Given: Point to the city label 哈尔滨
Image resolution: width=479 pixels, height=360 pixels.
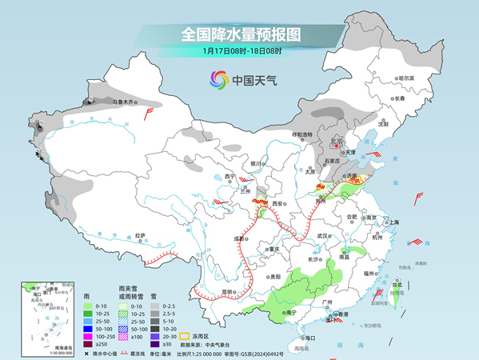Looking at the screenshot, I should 405,78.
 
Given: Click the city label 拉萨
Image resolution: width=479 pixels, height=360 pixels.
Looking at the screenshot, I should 141,235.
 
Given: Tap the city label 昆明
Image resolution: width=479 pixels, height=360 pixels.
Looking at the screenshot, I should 229,292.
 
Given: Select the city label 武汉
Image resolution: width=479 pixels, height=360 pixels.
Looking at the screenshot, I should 323,236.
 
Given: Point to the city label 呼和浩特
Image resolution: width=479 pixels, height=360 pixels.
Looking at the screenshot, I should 303,134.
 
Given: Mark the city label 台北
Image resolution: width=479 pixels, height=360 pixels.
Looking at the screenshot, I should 396,284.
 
